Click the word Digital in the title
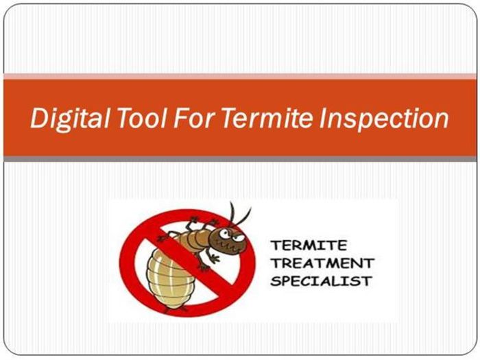click(70, 119)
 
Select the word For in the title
click(193, 117)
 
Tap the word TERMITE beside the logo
click(309, 245)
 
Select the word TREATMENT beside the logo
click(322, 263)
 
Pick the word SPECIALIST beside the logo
click(321, 281)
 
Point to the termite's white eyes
click(232, 235)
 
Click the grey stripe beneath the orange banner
click(240, 159)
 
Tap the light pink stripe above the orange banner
click(240, 76)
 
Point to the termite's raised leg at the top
click(193, 223)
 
